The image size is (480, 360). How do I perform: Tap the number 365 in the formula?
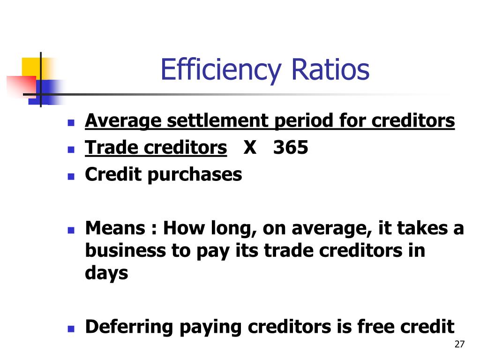click(x=291, y=148)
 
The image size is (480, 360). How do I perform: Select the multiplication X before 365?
click(x=250, y=148)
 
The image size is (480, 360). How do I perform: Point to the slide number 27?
click(x=459, y=345)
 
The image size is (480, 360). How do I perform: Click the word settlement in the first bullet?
click(x=217, y=121)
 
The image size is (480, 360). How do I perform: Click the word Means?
click(x=115, y=228)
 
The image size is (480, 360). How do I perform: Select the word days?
click(x=106, y=273)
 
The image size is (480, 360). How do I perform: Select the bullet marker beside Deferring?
click(x=71, y=329)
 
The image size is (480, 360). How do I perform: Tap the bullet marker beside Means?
click(x=71, y=231)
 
